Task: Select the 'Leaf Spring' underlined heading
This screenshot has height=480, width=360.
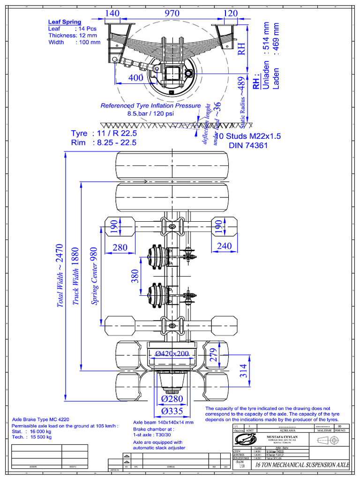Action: tap(65, 22)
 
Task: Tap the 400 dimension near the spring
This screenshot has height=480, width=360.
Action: tap(136, 78)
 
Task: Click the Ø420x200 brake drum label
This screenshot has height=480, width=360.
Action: tap(172, 353)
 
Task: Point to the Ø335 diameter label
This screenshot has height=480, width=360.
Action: tap(172, 411)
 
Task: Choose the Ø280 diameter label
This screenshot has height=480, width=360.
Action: tap(172, 399)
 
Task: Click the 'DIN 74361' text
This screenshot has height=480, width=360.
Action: tap(247, 146)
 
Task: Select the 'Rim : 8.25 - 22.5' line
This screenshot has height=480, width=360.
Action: tap(104, 142)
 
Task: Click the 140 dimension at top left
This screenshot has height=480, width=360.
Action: tap(112, 14)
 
